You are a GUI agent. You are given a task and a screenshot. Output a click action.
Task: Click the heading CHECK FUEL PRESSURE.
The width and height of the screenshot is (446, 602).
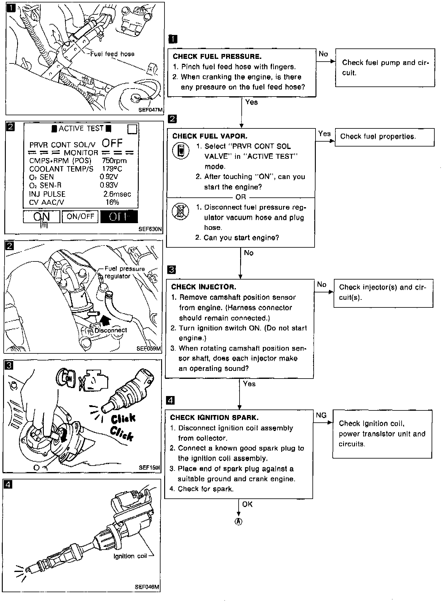tap(217, 56)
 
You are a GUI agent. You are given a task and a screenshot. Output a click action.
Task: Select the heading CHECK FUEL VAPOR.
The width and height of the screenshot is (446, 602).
tap(210, 136)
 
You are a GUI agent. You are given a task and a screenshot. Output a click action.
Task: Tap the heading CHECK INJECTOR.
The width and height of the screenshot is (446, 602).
tap(204, 287)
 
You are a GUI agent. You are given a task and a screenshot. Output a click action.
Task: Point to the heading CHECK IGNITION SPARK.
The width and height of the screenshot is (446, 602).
tap(214, 417)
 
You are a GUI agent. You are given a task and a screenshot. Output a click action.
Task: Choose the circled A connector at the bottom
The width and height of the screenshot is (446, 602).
tap(238, 522)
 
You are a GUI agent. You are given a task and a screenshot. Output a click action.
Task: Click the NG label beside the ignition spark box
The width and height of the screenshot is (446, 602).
tap(321, 415)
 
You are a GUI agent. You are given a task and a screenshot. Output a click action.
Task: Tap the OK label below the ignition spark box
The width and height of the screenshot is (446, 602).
tap(247, 504)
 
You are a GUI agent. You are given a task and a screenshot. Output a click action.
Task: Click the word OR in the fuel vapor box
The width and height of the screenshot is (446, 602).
tap(241, 197)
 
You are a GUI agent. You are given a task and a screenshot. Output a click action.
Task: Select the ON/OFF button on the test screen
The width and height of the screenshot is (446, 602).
tap(80, 216)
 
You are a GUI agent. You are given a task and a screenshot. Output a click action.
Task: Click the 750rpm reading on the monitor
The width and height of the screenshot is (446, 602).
tap(114, 161)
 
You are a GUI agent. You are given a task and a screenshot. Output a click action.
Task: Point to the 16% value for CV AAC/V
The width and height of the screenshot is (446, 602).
tap(112, 202)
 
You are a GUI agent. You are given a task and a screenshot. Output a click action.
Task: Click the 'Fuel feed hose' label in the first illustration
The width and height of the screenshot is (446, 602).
tap(112, 54)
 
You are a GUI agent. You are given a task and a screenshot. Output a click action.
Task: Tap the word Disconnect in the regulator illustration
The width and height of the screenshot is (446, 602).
tap(111, 330)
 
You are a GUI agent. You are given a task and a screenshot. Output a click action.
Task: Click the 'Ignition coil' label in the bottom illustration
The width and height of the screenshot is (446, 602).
tap(130, 556)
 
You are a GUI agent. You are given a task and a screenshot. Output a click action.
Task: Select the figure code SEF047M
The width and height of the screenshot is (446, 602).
tap(150, 110)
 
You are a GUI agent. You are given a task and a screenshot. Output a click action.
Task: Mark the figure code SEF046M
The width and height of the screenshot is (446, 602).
tap(147, 587)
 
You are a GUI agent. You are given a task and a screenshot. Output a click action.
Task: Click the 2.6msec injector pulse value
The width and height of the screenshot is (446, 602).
tap(117, 194)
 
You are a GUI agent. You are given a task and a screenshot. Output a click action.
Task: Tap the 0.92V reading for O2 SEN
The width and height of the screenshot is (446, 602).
tap(109, 177)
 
